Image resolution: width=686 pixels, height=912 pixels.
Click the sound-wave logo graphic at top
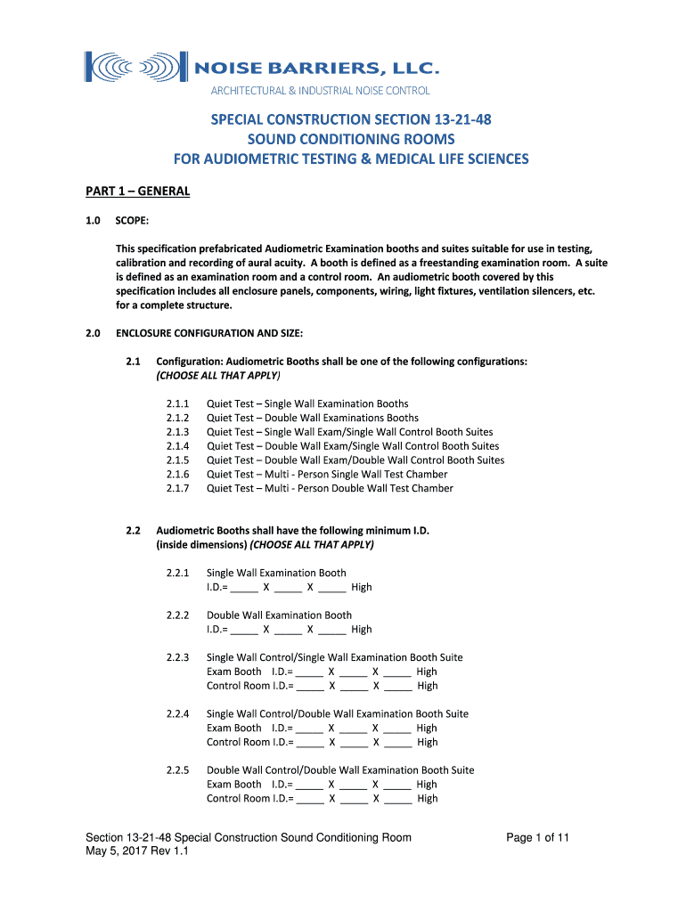(134, 67)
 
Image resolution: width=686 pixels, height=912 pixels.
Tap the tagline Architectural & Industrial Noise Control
(320, 91)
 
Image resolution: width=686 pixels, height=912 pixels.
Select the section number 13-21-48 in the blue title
(452, 118)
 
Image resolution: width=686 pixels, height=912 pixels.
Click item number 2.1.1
(177, 403)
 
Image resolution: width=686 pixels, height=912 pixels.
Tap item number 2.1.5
(177, 460)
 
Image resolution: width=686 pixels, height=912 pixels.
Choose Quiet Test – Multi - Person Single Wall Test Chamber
(326, 474)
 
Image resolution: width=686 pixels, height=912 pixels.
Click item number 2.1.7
(177, 488)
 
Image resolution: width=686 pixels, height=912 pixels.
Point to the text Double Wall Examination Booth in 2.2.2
(279, 615)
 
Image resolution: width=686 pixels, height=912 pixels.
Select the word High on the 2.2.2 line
(361, 629)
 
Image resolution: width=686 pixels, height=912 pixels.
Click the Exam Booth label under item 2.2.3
(233, 672)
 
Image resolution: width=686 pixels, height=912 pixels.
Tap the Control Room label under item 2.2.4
(238, 742)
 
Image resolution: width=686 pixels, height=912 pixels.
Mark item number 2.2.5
(177, 769)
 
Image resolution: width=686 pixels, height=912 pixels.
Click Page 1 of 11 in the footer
(537, 837)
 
